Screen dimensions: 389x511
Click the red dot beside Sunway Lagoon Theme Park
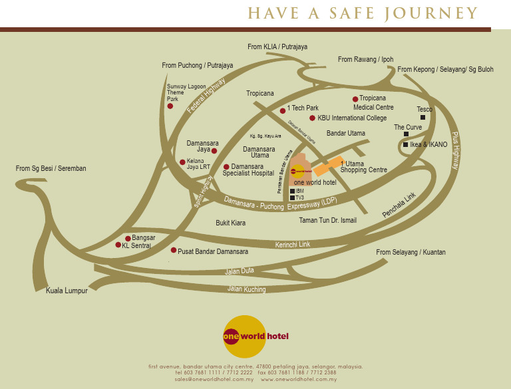170,106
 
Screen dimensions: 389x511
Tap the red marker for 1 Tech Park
283,110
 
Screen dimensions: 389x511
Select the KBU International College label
352,118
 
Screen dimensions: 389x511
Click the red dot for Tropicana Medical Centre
355,99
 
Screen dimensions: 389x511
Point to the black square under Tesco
423,118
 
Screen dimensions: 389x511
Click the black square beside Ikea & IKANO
405,144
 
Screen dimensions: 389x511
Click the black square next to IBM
292,191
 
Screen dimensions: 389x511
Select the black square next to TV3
292,197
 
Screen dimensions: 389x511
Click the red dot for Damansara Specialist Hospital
226,167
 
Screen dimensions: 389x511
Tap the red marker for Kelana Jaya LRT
182,162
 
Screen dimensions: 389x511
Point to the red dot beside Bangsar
128,238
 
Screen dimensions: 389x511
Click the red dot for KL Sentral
118,245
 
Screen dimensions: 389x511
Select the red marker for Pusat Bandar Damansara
174,251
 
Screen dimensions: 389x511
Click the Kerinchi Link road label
293,245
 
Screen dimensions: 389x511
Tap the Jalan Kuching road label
246,289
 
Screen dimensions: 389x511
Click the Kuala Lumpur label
67,291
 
